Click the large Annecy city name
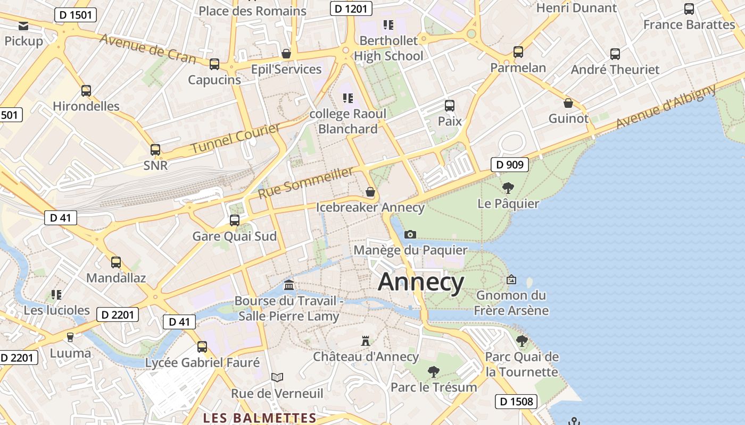[421, 282]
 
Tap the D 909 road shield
[509, 165]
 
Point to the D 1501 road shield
[76, 15]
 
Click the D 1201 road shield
[351, 8]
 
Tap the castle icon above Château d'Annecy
[365, 341]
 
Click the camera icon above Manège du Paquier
[410, 234]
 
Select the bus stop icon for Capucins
[214, 64]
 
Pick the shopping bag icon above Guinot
[568, 103]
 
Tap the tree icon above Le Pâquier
[508, 188]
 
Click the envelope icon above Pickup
[23, 25]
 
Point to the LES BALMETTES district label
[260, 418]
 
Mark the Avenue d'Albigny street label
[666, 106]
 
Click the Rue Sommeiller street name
[306, 183]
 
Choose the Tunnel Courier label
[235, 139]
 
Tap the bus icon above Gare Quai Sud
[234, 220]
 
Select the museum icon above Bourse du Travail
[289, 285]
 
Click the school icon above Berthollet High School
[388, 24]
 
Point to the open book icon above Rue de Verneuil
[277, 377]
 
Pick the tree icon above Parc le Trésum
[434, 371]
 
